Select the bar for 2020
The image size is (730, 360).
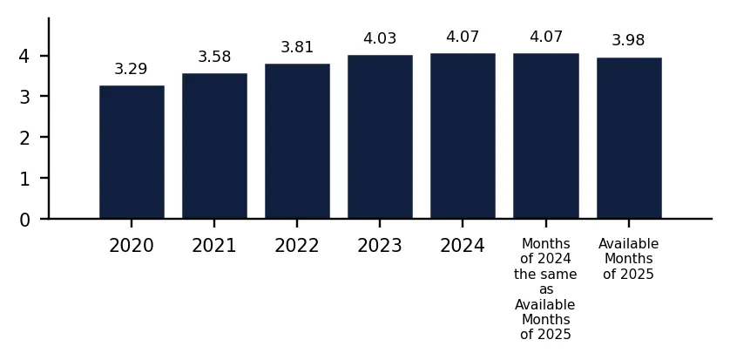(x=132, y=152)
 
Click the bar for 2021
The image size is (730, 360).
(x=214, y=146)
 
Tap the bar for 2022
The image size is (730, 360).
(x=298, y=141)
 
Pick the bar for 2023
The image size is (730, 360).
(x=380, y=137)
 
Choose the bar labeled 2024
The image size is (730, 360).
(x=463, y=135)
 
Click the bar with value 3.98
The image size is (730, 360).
(x=629, y=138)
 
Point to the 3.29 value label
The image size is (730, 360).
(x=131, y=69)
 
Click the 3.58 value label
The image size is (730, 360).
(x=214, y=57)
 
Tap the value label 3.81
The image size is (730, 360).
(x=297, y=47)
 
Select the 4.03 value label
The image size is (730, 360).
(x=380, y=38)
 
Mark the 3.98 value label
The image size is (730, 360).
(x=628, y=40)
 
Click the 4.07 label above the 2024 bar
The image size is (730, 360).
(x=463, y=37)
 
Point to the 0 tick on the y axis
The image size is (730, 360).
(x=24, y=220)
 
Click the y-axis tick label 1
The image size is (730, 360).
(x=24, y=180)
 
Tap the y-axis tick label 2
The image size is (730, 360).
(x=24, y=139)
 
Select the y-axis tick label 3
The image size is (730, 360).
(x=24, y=98)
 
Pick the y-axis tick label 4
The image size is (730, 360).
(x=24, y=57)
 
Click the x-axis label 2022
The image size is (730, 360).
(x=297, y=246)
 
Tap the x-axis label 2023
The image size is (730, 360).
(x=380, y=246)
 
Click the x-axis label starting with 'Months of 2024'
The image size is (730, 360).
(x=545, y=289)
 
